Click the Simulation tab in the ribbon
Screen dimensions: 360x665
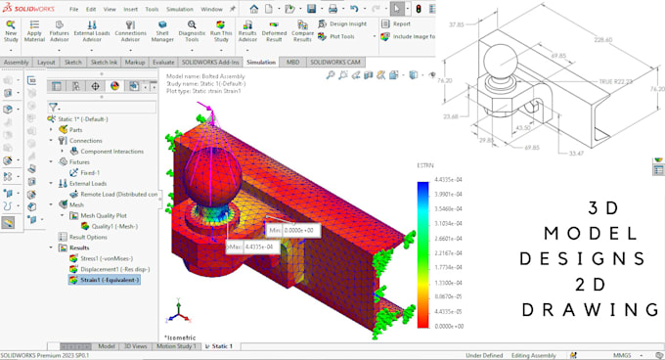pos(260,62)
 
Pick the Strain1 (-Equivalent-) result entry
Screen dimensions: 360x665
pos(107,280)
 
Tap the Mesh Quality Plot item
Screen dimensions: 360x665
pos(105,214)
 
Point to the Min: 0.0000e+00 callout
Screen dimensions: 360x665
pos(292,230)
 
